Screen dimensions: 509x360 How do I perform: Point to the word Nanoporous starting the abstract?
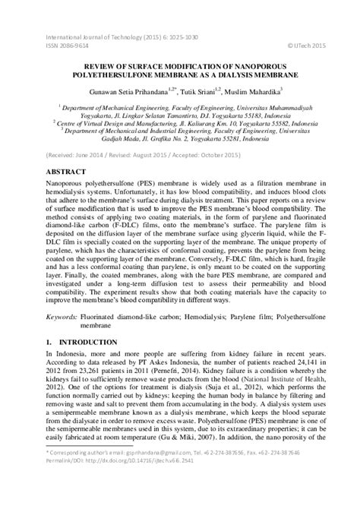coord(69,185)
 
